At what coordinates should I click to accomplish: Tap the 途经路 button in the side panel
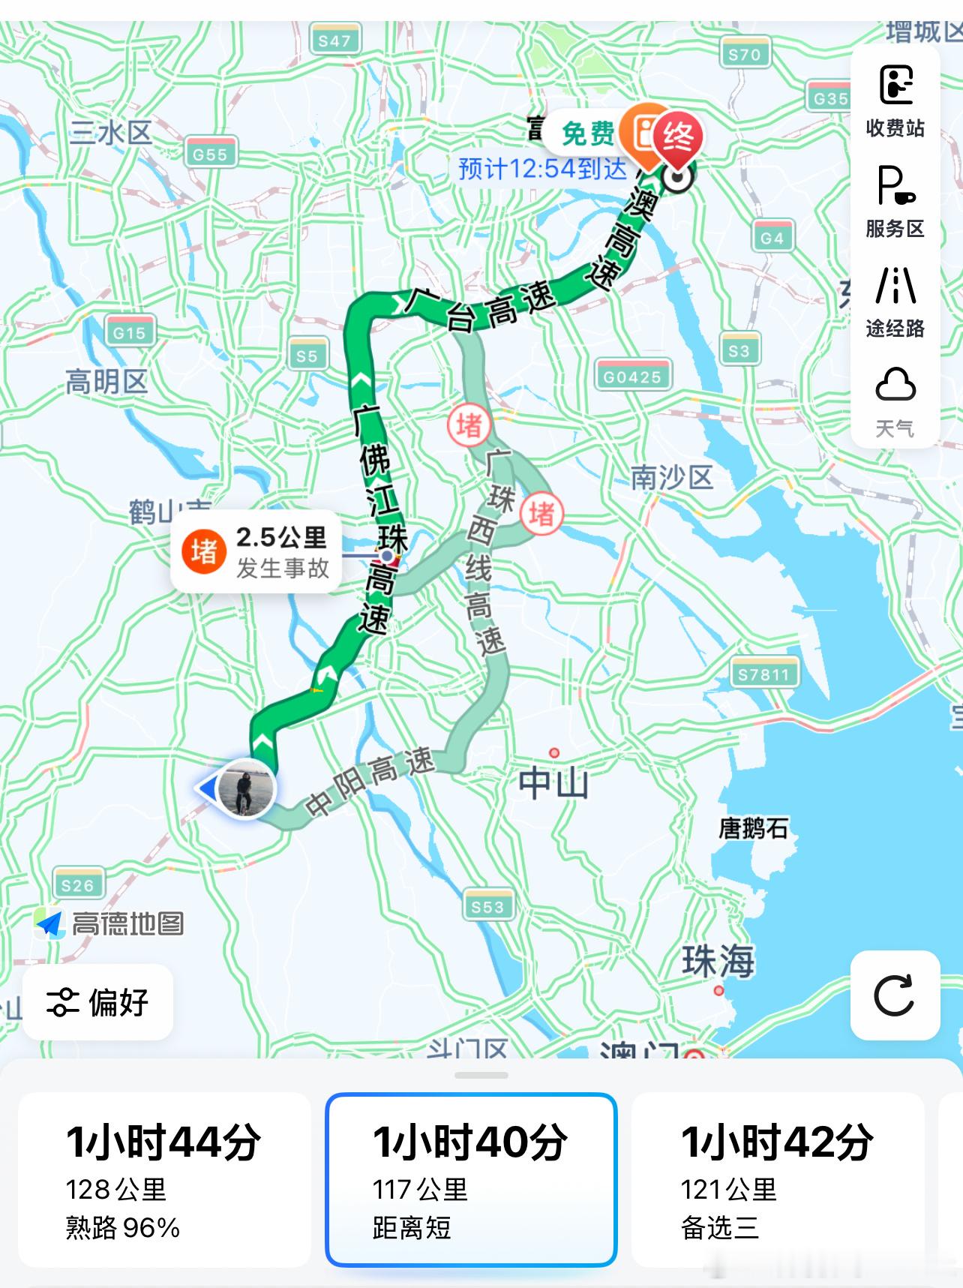pyautogui.click(x=895, y=300)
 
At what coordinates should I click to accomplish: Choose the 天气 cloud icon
pyautogui.click(x=895, y=401)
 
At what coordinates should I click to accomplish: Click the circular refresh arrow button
pyautogui.click(x=895, y=995)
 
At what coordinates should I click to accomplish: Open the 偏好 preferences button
pyautogui.click(x=98, y=1001)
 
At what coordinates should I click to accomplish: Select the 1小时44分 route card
pyautogui.click(x=164, y=1178)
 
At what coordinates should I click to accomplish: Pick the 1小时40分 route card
pyautogui.click(x=471, y=1178)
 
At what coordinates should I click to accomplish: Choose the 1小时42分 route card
pyautogui.click(x=778, y=1178)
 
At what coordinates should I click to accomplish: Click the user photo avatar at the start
pyautogui.click(x=246, y=788)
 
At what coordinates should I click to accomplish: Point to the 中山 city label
pyautogui.click(x=554, y=782)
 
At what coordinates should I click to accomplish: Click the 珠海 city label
pyautogui.click(x=718, y=960)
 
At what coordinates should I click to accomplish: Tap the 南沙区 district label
pyautogui.click(x=671, y=477)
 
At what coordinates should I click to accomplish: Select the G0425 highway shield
pyautogui.click(x=633, y=376)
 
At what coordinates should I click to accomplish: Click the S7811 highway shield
pyautogui.click(x=763, y=674)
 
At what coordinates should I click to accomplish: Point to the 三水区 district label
pyautogui.click(x=111, y=133)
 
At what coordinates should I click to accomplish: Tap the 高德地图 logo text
pyautogui.click(x=127, y=923)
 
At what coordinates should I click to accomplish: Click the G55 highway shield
pyautogui.click(x=210, y=154)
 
